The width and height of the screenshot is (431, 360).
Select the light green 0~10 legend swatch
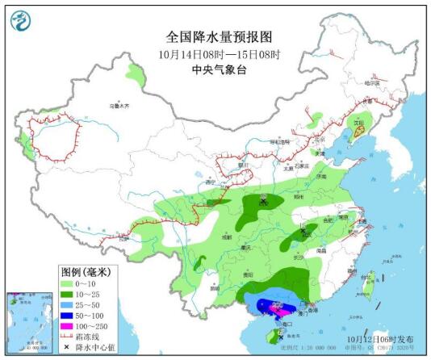click(x=69, y=284)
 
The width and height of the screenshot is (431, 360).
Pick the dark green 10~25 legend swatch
click(x=69, y=296)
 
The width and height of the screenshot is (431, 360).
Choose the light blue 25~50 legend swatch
click(x=69, y=308)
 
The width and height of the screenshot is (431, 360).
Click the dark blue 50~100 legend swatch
click(x=69, y=320)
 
